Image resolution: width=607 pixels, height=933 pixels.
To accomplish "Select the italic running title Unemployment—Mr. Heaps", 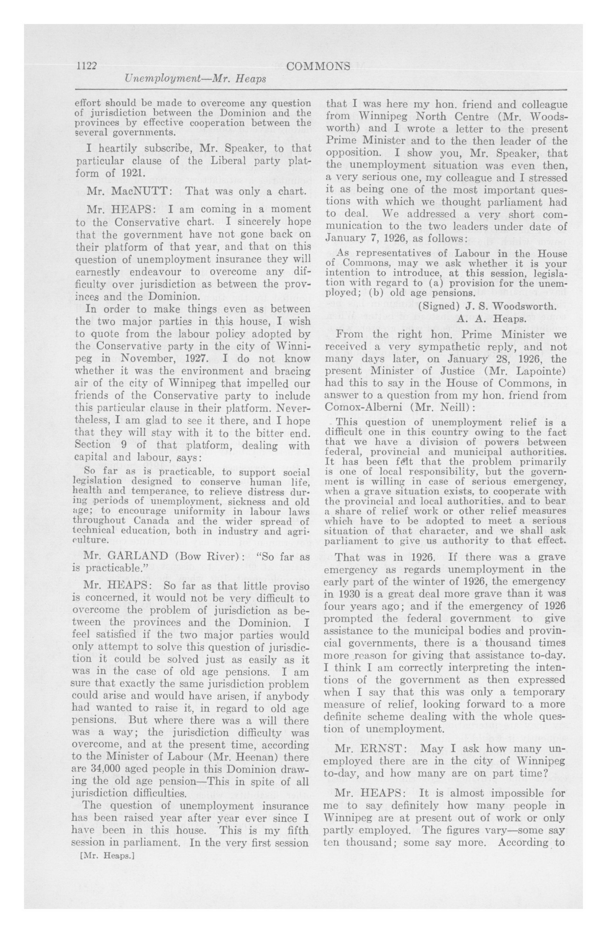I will pos(195,79).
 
